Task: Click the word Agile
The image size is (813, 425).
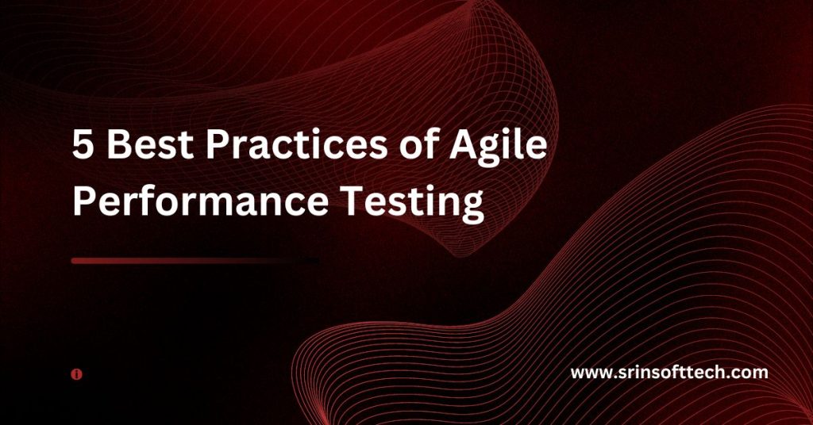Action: point(499,146)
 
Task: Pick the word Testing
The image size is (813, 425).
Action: point(412,204)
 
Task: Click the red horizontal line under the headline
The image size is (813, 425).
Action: point(195,261)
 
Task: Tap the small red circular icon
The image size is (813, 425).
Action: point(77,374)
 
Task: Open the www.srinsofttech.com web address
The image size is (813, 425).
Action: point(669,372)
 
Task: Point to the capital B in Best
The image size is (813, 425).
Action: point(118,144)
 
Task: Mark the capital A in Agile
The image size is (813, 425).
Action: point(463,144)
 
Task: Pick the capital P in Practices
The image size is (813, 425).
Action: point(217,144)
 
